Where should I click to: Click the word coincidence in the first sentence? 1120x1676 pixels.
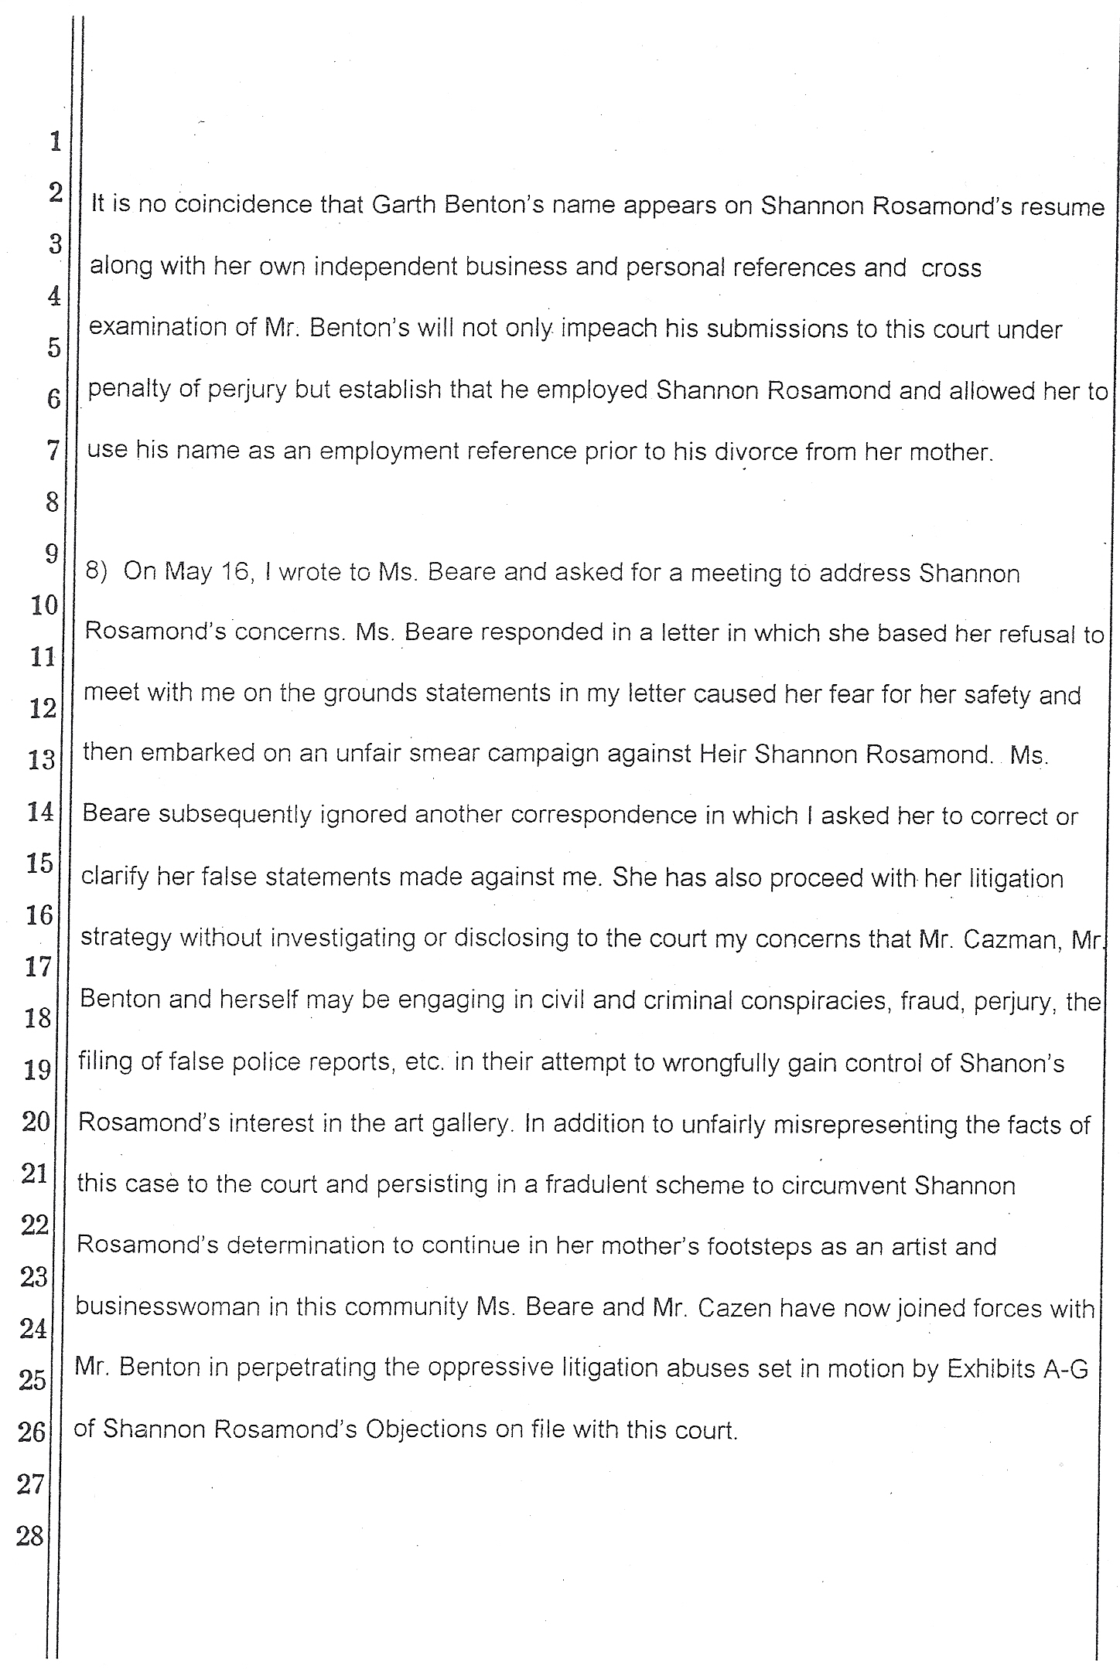point(230,206)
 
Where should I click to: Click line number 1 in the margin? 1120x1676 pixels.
point(55,141)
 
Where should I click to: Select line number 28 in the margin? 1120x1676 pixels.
point(31,1535)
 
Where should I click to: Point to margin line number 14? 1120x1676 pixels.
point(39,812)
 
